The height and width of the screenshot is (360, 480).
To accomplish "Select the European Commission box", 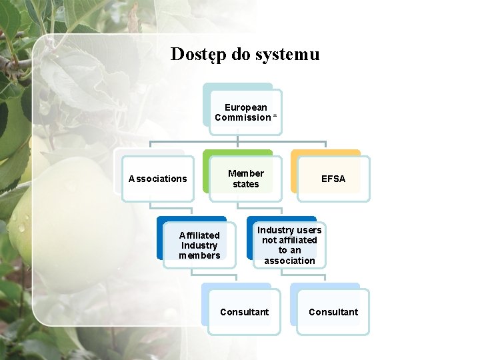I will (245, 112).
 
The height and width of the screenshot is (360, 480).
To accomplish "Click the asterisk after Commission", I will (275, 117).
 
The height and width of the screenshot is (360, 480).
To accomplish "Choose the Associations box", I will (158, 179).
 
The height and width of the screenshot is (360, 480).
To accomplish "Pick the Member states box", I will (245, 179).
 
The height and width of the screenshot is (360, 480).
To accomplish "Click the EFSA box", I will (333, 179).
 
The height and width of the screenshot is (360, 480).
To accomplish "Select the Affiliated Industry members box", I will (199, 245).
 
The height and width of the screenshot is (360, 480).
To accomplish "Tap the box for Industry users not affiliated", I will (289, 245).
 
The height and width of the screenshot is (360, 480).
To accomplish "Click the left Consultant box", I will (244, 312).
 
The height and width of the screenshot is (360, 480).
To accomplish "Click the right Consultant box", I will (333, 312).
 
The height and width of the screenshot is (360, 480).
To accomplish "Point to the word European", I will (246, 107).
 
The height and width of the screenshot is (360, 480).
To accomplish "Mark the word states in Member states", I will (246, 184).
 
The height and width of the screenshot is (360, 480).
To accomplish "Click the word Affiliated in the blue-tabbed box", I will (199, 235).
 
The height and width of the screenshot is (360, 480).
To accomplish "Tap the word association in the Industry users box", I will (289, 261).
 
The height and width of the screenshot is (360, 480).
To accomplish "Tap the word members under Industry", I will (199, 255).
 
